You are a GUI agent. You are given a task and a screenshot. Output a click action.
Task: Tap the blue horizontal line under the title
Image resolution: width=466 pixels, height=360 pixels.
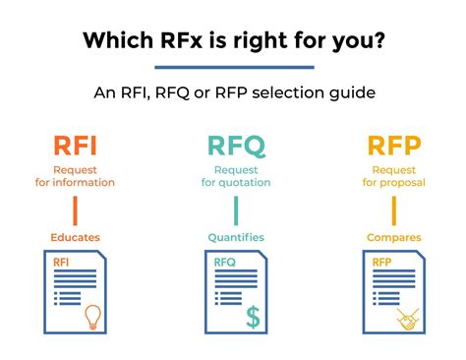tap(234, 68)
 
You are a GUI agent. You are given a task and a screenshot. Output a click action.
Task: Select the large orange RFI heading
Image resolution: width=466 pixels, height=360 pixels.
tap(75, 148)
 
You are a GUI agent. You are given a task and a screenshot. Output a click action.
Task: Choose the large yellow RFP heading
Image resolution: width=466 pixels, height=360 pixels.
tap(393, 148)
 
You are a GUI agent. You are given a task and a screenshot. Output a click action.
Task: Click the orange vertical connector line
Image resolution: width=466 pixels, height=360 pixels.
tap(75, 210)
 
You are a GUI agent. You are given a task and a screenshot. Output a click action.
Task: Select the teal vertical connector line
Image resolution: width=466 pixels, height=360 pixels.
tap(235, 210)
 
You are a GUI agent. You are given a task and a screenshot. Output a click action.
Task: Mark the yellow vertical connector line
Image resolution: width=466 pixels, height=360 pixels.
tap(394, 210)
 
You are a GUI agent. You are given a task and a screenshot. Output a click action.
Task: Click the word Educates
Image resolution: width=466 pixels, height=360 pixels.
tap(75, 237)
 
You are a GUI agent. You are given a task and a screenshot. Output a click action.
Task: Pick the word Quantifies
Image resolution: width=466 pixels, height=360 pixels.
tap(235, 237)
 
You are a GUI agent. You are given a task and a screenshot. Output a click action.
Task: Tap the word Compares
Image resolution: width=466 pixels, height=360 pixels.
tap(394, 237)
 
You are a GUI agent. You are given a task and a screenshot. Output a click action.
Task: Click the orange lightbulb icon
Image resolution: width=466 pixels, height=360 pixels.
tap(94, 317)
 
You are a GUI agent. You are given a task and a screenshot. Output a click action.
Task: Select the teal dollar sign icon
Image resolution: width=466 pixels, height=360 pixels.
tap(254, 317)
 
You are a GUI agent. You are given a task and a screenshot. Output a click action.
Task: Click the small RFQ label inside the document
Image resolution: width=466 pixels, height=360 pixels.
tap(226, 263)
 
